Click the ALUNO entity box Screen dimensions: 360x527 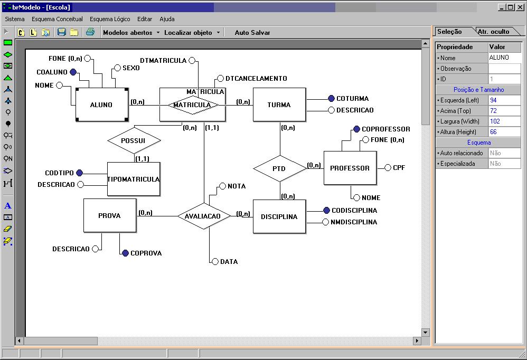click(101, 105)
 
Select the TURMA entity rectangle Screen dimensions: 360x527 click(279, 105)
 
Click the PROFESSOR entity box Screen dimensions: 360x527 click(350, 168)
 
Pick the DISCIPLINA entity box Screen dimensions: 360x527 click(279, 216)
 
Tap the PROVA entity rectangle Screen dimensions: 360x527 click(109, 215)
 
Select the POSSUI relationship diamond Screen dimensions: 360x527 click(134, 140)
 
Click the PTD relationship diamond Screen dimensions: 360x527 click(279, 168)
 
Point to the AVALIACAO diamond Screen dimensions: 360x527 click(204, 216)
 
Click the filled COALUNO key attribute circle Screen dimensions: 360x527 click(73, 72)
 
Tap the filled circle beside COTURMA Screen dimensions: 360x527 click(331, 98)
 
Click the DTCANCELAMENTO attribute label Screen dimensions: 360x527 click(256, 78)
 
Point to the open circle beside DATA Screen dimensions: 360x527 click(215, 261)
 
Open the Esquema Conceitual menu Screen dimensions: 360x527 click(57, 19)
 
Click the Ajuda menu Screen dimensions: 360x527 click(167, 19)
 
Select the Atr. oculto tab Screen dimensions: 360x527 click(493, 32)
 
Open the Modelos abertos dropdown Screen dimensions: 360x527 click(131, 32)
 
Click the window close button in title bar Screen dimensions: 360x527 click(520, 7)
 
